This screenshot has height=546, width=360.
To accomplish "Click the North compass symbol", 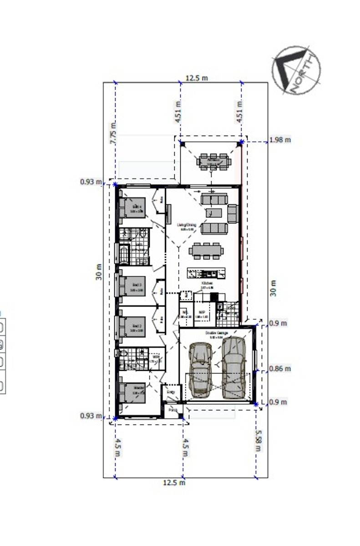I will (x=296, y=70).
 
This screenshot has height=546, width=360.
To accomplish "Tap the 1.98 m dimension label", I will (x=280, y=140).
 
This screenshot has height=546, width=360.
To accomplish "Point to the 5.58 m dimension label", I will (x=259, y=440).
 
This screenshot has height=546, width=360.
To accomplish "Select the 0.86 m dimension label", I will (x=280, y=369).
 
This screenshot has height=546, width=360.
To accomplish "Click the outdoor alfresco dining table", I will (x=213, y=162).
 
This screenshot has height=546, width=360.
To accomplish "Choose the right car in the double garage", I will (x=233, y=367).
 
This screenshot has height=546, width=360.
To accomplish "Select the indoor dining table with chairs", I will (x=206, y=250).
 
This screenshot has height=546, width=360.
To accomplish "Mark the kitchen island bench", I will (x=207, y=273).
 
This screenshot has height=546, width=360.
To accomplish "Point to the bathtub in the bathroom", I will (x=123, y=253).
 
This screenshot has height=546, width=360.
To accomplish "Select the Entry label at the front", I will (x=171, y=392).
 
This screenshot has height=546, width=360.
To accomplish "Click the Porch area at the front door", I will (x=172, y=410).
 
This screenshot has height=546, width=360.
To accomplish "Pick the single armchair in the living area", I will (x=233, y=213).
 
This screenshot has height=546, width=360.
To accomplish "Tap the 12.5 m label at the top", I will (x=197, y=78).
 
